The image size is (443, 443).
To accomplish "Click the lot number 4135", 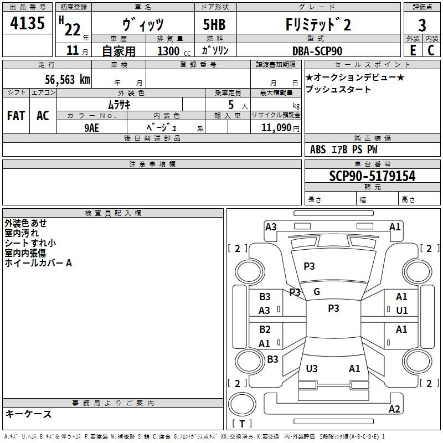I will click(x=27, y=24).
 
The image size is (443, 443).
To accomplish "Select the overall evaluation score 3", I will click(x=422, y=25).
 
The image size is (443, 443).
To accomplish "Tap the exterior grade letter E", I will click(x=413, y=50).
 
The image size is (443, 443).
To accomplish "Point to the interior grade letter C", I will click(x=431, y=50).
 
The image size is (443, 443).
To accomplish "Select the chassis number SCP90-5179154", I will click(x=372, y=176).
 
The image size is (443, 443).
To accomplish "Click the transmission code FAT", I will click(x=16, y=116).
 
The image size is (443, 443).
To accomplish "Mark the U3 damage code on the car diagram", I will click(x=312, y=368).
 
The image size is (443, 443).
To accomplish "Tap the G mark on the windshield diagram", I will click(x=317, y=292).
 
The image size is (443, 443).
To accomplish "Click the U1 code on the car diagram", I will click(x=401, y=311).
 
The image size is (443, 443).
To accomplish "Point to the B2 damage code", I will click(x=265, y=329).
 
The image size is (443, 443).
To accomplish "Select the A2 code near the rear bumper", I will click(x=394, y=409).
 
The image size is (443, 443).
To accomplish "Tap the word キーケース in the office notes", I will click(x=29, y=414).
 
